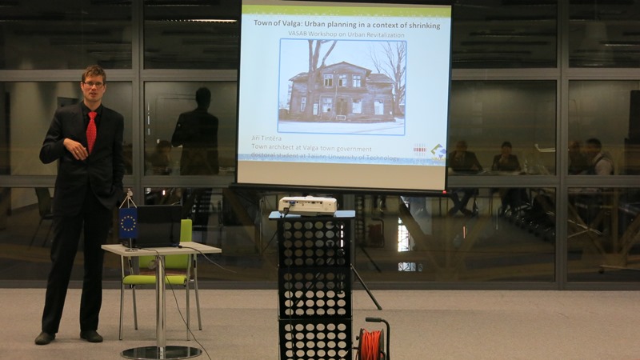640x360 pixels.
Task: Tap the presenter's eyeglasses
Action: tap(94, 84)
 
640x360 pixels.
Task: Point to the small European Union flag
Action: tap(128, 223)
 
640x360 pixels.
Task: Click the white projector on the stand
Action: tap(308, 205)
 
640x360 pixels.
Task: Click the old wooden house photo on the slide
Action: tap(342, 86)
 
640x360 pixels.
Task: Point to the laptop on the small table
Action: tap(160, 227)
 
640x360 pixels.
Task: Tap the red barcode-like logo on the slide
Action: tap(419, 150)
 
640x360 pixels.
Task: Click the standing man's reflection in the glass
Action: tap(197, 136)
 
